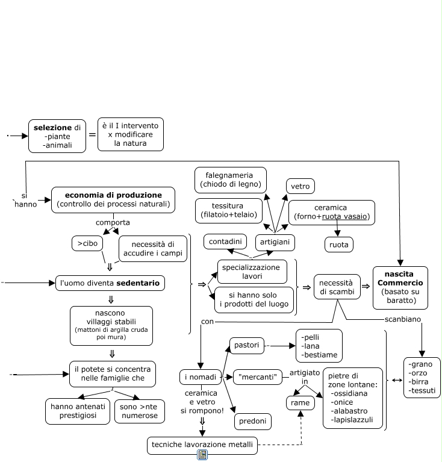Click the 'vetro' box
point(300,186)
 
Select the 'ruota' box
point(338,245)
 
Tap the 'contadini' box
point(225,242)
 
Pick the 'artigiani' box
point(275,242)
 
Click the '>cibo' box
point(87,243)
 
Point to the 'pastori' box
point(246,345)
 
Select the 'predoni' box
point(253,421)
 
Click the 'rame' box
point(300,403)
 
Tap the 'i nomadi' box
point(201,377)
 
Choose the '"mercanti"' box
point(258,377)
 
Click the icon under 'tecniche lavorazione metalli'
point(202,455)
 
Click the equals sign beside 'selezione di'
point(92,135)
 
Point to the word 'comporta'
point(113,222)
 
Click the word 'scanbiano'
point(402,319)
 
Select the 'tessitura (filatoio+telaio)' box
point(229,211)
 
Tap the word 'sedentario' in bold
point(138,283)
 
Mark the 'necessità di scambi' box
point(337,287)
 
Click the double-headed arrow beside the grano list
point(397,381)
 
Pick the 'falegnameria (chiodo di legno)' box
point(231,180)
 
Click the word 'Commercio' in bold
point(400,283)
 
